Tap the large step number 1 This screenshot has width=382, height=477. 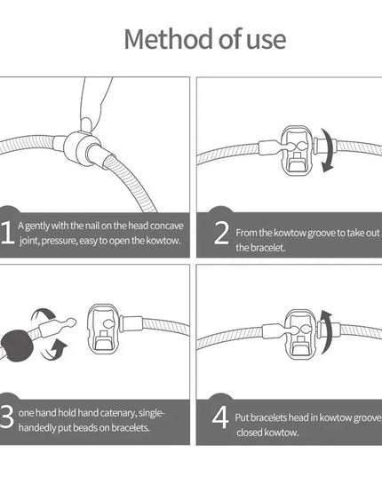pos(7,233)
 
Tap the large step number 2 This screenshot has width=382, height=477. pos(221,233)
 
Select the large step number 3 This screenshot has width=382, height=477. pos(7,417)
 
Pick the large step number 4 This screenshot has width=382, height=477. pos(220,417)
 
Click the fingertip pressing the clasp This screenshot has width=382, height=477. pos(86,123)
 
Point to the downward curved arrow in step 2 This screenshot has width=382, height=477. pos(328,150)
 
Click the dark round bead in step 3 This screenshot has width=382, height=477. pos(17,346)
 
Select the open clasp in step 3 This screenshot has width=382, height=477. pos(104,330)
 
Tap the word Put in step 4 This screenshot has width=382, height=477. pos(242,417)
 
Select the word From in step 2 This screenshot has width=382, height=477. pos(247,233)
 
